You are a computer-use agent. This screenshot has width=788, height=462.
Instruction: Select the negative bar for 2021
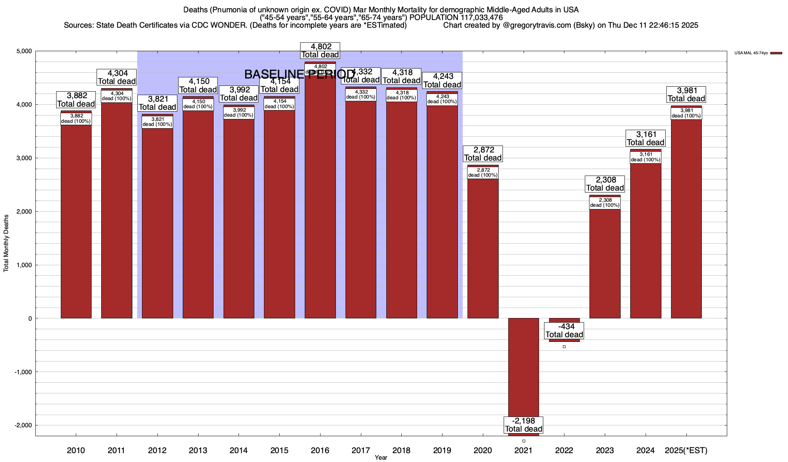523,366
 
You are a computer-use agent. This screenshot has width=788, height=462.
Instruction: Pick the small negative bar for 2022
564,340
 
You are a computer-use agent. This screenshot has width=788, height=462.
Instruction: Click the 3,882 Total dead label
76,100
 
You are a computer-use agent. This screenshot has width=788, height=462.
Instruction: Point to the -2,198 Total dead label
524,425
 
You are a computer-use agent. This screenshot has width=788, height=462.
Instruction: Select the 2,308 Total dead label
605,184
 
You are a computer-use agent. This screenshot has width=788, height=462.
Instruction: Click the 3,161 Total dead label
646,138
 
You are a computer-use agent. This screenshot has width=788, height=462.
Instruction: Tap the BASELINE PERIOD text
299,74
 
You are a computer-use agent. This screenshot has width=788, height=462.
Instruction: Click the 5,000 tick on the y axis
24,51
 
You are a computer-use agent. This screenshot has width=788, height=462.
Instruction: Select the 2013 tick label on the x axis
198,450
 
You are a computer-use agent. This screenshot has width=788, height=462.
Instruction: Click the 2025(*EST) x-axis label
686,450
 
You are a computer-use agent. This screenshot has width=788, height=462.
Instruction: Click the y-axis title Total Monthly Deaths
6,243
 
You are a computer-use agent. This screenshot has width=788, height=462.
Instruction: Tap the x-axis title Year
381,458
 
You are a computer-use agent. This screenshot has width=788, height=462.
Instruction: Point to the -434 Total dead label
564,331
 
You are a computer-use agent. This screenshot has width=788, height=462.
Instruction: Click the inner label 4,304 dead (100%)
117,96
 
